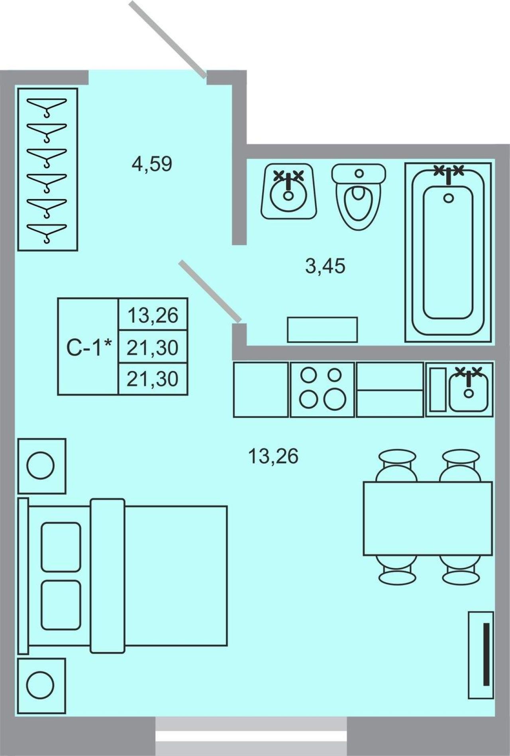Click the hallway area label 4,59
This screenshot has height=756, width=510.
point(152,163)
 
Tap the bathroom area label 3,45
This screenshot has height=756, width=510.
point(325,266)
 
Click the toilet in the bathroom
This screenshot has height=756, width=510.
point(359,196)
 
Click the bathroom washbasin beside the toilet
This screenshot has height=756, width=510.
point(289,191)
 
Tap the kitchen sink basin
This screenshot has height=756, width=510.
point(469,389)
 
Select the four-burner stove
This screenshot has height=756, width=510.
point(322,390)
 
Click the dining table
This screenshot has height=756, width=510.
point(428,518)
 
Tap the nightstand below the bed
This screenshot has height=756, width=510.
point(42,685)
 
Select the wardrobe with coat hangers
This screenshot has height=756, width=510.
point(47,169)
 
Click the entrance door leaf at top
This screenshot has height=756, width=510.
point(168,38)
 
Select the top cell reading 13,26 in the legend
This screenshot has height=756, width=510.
point(153,315)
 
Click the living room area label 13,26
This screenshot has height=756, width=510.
point(273,456)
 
